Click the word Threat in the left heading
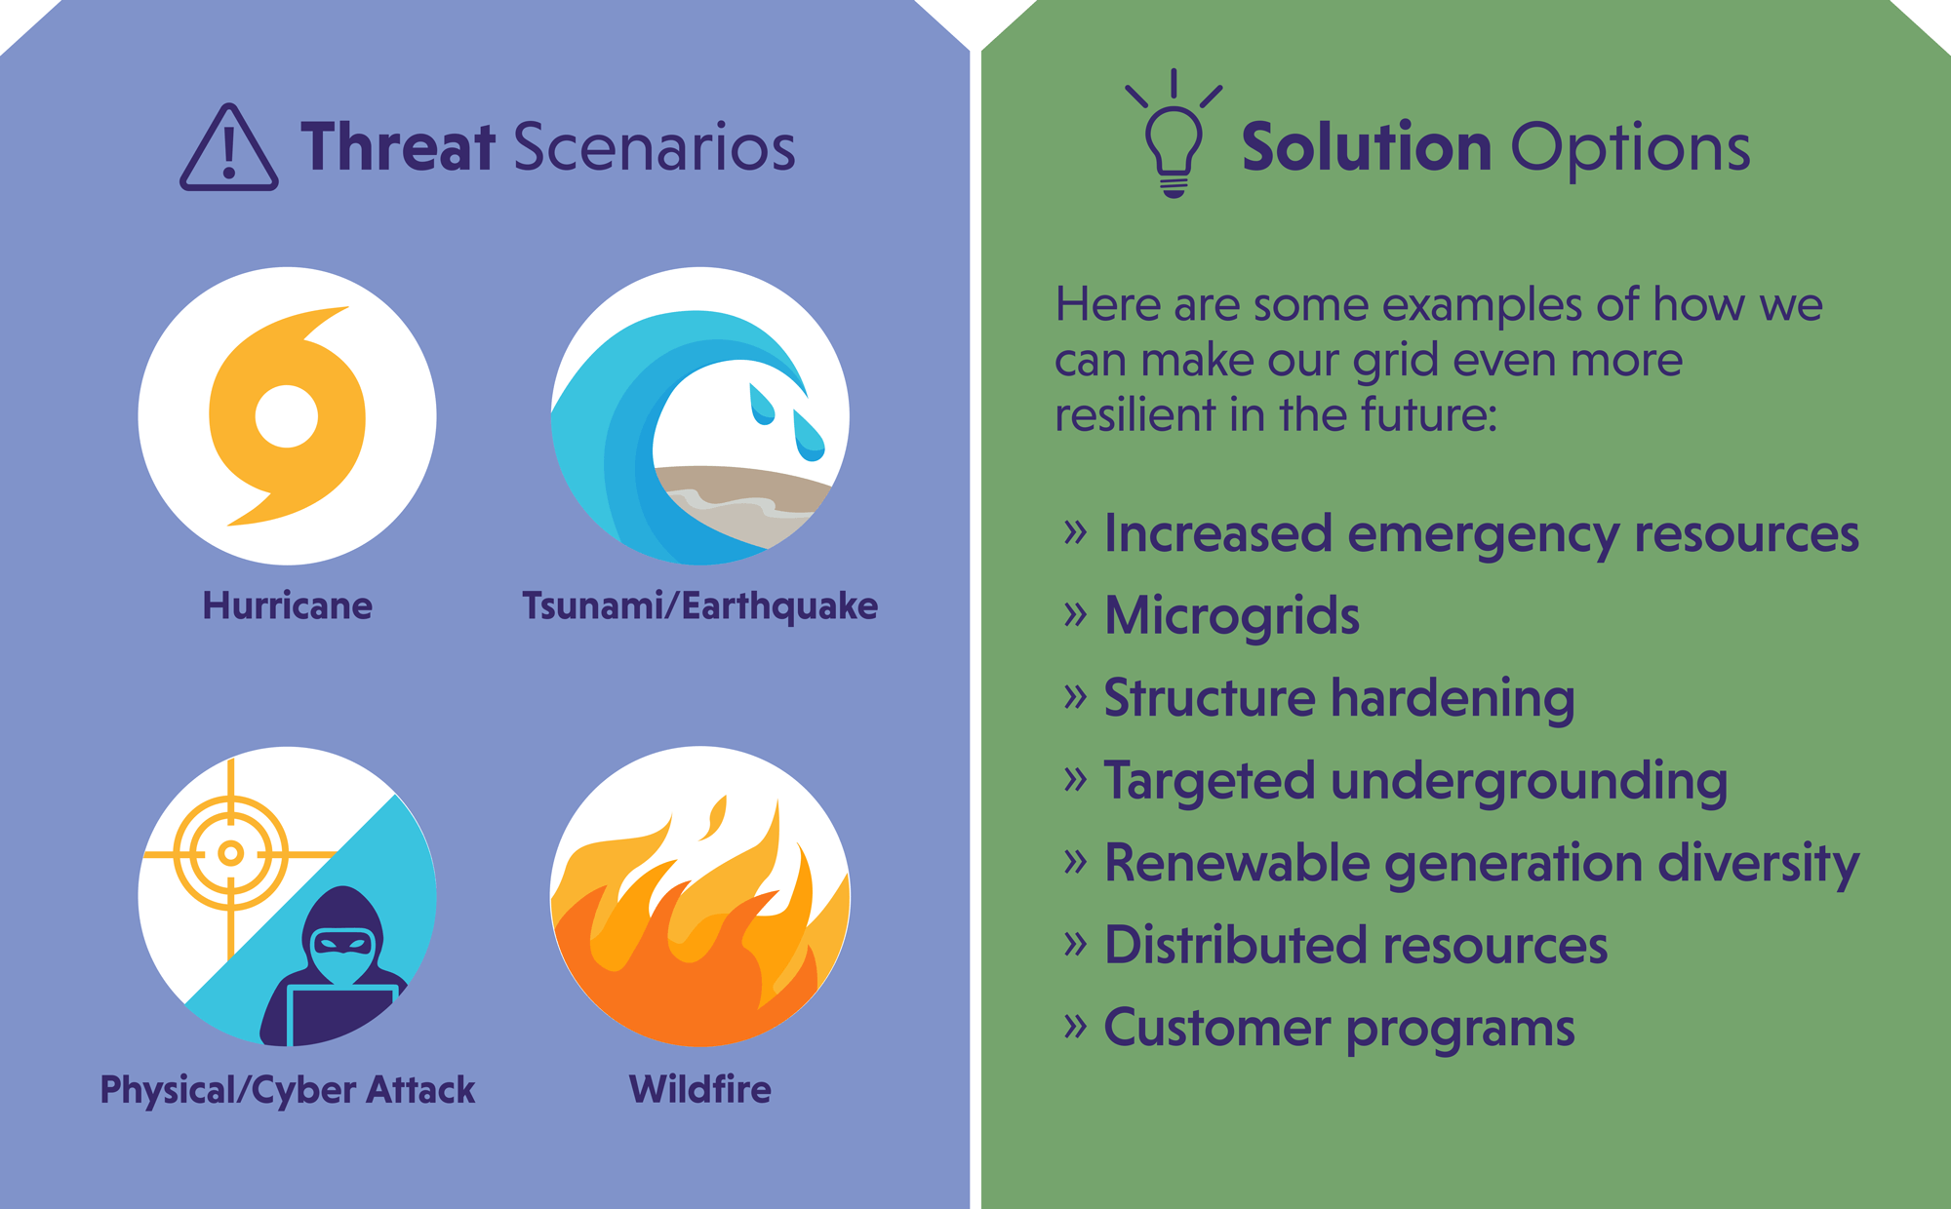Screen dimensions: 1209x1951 point(398,147)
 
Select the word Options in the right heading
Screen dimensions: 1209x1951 point(1630,149)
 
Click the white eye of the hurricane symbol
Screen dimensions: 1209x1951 point(287,416)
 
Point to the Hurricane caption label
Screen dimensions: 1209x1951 point(287,605)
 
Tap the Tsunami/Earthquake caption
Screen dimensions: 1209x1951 point(699,605)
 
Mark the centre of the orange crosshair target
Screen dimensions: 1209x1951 point(230,854)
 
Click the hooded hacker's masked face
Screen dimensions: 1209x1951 point(341,951)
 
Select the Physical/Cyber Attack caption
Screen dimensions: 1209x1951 point(287,1089)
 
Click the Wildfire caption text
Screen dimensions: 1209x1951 point(699,1089)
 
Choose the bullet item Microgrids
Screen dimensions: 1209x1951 point(1231,616)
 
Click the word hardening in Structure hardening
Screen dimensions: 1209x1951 point(1452,699)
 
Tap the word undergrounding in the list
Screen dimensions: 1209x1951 point(1528,782)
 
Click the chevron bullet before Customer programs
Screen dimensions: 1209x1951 point(1075,1026)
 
